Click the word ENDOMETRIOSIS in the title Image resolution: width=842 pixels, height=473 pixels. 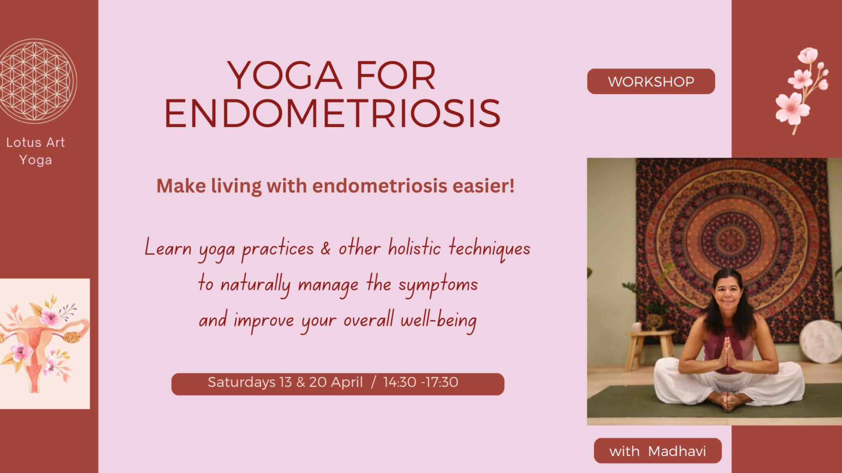(332, 114)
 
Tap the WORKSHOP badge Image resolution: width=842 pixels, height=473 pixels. (651, 82)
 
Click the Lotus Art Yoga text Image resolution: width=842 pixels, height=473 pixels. (35, 151)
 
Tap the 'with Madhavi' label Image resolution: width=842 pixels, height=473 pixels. (658, 451)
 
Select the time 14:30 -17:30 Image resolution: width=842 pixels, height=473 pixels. (421, 382)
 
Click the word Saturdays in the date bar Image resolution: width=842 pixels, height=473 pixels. (241, 382)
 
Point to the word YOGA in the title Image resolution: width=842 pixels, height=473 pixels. (285, 76)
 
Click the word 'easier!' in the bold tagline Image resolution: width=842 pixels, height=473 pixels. (484, 186)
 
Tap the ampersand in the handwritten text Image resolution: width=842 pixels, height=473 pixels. (326, 248)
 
